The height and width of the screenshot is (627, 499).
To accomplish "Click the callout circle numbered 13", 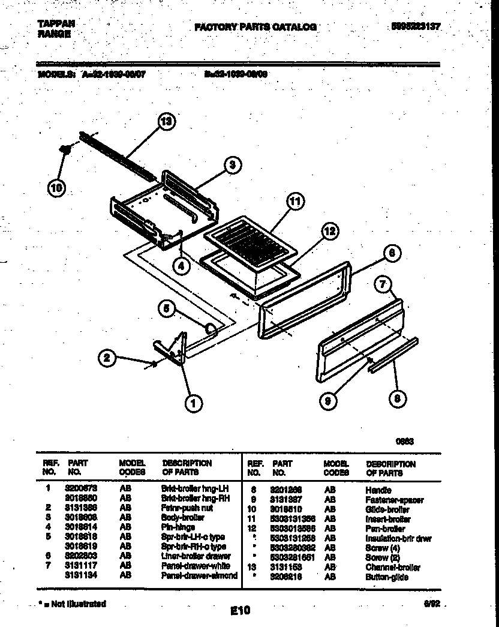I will (166, 122).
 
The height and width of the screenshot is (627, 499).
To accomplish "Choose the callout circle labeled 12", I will (329, 230).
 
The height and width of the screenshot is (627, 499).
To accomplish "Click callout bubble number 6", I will (390, 254).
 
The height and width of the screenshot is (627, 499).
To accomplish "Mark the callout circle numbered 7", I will (384, 284).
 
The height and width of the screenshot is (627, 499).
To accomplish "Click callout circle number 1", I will (193, 404).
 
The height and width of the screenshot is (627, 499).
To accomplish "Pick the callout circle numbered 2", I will (107, 359).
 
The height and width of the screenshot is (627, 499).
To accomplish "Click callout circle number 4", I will (182, 264).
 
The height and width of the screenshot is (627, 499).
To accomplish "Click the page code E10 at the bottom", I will (240, 611).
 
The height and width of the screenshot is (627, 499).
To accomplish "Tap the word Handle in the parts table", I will (378, 490).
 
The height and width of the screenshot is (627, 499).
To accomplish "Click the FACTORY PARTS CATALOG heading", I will (255, 27).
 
